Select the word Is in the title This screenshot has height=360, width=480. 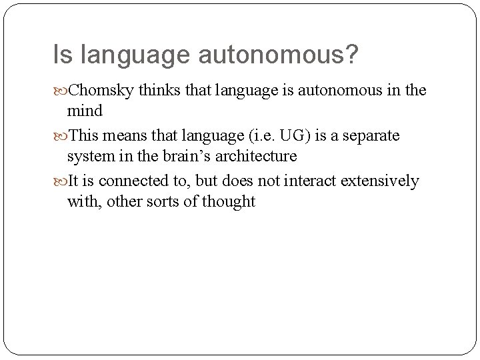coord(61,55)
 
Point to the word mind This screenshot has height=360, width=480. coord(85,111)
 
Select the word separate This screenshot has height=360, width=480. coord(371,135)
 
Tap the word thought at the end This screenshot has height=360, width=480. coord(228,202)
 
